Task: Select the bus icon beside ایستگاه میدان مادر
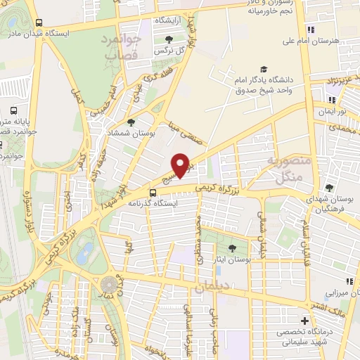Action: coord(38,22)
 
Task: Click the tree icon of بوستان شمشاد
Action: coord(130,122)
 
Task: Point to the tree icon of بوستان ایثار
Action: coord(233,247)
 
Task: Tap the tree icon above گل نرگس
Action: coord(167,39)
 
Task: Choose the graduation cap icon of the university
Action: coord(264,69)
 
